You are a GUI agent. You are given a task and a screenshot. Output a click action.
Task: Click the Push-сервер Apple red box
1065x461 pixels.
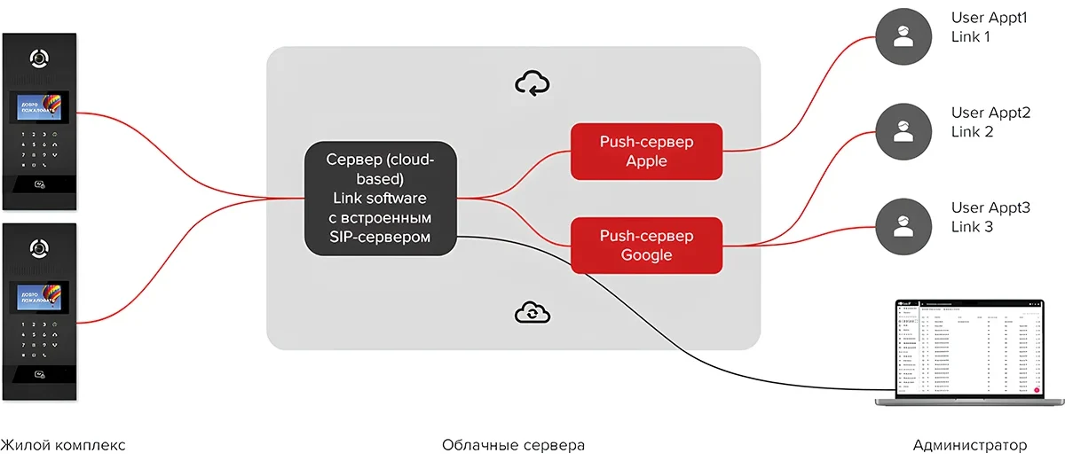[646, 151]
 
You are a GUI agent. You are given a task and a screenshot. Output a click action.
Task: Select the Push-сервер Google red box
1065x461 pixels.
[646, 246]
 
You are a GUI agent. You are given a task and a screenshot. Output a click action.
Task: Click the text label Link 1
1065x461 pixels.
[971, 37]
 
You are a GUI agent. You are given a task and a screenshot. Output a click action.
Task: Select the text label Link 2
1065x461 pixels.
[972, 132]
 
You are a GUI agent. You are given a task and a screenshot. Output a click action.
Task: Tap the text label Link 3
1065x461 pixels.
[972, 227]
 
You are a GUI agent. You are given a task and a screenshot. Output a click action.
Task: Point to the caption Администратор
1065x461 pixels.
[969, 445]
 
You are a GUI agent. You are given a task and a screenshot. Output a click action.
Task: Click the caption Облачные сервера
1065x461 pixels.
[513, 445]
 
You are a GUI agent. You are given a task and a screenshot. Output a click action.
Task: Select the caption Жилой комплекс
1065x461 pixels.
[62, 445]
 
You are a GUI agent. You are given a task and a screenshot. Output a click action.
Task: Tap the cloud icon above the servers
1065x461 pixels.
[532, 83]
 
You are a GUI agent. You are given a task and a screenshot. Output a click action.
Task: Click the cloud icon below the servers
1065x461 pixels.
[532, 311]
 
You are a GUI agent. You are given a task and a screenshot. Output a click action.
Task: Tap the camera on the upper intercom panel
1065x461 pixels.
[39, 59]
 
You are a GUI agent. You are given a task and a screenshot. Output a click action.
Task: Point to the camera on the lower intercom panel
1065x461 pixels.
[39, 247]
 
